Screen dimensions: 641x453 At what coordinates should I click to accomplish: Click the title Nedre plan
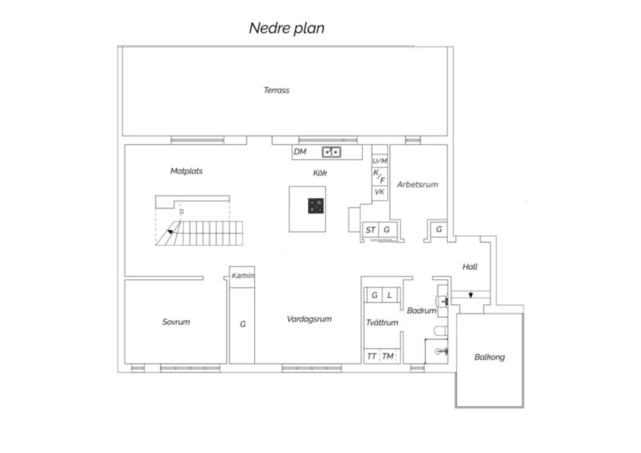287,28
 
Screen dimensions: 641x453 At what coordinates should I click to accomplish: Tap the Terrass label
276,91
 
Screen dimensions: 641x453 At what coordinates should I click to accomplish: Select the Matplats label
186,171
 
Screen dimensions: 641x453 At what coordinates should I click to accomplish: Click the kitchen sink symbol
331,152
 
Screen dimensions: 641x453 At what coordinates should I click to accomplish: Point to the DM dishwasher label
300,152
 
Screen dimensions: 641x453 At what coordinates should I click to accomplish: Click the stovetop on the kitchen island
316,206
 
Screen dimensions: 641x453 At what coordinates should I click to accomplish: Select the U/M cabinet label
380,161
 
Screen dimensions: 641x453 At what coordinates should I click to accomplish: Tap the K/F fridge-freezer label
379,176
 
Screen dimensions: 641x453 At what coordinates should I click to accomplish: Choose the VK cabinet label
379,192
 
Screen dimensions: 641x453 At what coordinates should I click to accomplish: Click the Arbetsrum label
418,185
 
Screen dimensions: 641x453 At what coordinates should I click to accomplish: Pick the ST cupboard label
370,230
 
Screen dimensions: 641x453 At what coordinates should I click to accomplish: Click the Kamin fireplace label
243,276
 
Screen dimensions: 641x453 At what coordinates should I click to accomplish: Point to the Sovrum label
176,322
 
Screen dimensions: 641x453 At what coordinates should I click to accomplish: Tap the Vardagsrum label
309,319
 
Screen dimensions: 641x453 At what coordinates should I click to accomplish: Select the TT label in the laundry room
371,356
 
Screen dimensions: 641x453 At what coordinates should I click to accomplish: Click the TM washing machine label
388,356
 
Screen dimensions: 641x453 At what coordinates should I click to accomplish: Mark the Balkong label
490,357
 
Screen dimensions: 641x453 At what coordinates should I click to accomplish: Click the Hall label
470,267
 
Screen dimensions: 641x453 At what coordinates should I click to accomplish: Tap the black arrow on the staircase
170,232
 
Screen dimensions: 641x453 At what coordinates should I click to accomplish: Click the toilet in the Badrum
441,331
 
